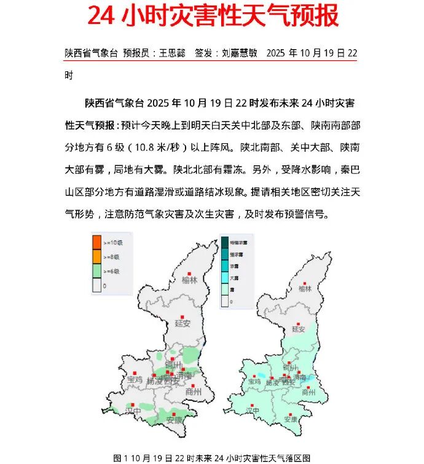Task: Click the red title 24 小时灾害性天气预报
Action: [x=213, y=17]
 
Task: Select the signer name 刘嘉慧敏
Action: [x=240, y=53]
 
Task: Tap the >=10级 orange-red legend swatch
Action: [x=96, y=241]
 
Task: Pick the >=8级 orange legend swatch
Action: [x=96, y=256]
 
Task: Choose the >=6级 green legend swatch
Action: [x=96, y=271]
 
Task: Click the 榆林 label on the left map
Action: [x=190, y=280]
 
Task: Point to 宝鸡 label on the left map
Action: [x=135, y=380]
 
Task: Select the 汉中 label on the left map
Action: [x=133, y=410]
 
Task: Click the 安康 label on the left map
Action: [x=175, y=420]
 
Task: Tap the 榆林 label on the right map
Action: [x=305, y=288]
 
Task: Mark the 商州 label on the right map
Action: [x=308, y=392]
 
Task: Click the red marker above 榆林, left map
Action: [x=190, y=273]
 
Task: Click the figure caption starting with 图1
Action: [x=212, y=458]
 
